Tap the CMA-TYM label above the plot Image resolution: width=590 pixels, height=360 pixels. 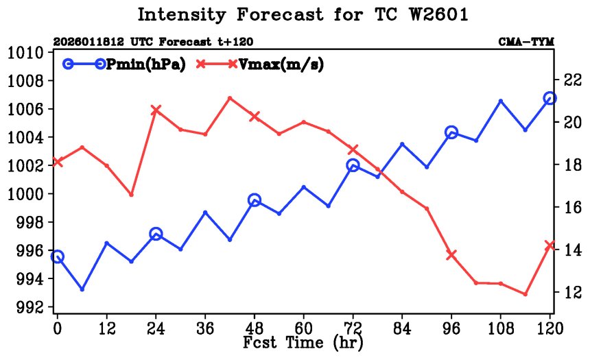coord(526,43)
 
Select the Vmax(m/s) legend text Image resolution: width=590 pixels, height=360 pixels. coord(281,64)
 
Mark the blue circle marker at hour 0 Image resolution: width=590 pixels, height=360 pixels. coord(58,256)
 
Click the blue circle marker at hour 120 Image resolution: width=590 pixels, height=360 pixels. coord(550,98)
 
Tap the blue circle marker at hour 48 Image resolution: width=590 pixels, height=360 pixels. coord(255,200)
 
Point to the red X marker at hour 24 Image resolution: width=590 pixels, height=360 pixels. coord(156,110)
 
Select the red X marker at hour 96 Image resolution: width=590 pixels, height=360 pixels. coord(451,254)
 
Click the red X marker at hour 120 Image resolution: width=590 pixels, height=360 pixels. coord(550,245)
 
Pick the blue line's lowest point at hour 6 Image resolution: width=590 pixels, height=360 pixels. coord(82,289)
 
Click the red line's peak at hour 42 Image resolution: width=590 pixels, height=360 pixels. coord(230,98)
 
